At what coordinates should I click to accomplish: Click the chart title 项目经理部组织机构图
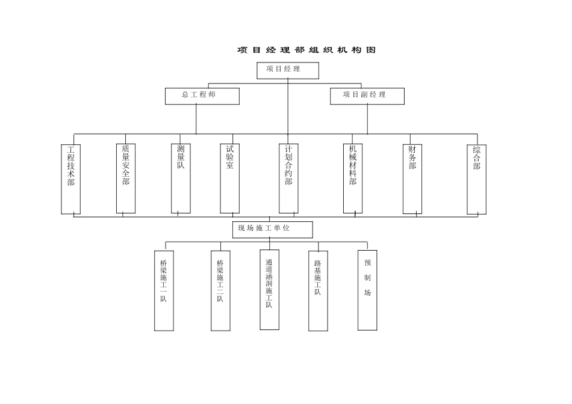point(306,50)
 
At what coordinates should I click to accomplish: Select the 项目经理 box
point(288,70)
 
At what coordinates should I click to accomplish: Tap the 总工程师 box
point(202,96)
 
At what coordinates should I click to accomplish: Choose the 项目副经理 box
point(367,96)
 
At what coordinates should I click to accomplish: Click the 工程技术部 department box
point(70,179)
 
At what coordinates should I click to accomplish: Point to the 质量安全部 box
point(125,179)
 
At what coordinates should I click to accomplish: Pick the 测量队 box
point(181,179)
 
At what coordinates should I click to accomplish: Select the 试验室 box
point(229,179)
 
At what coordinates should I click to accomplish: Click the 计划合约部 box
point(288,179)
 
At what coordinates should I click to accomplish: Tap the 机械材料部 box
point(353,179)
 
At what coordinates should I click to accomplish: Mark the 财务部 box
point(412,179)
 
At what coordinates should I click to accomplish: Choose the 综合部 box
point(476,179)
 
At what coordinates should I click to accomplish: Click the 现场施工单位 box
point(272,230)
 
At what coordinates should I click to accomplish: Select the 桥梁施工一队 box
point(164,290)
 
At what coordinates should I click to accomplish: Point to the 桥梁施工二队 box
point(220,290)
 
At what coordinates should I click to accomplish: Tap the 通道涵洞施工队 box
point(269,290)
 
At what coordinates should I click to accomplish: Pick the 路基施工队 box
point(318,291)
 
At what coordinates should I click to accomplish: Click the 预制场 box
point(367,290)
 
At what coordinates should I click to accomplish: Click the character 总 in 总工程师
point(185,95)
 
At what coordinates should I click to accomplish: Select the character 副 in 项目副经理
point(364,95)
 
